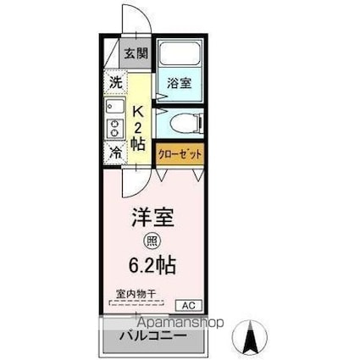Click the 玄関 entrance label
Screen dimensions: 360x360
tap(136, 53)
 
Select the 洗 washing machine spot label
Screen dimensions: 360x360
tap(115, 83)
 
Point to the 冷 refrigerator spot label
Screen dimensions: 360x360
tap(114, 153)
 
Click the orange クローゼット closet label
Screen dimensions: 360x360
tap(179, 154)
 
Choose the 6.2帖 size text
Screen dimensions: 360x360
tap(153, 265)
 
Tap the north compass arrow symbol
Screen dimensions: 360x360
tap(251, 338)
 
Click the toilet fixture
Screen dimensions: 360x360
tap(184, 124)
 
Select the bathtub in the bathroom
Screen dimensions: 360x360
tap(180, 58)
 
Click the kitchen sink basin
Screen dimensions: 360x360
tap(114, 109)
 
